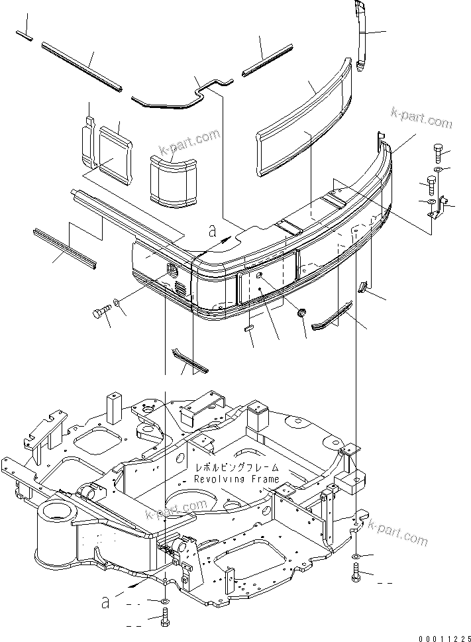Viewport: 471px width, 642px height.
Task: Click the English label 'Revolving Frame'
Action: pyautogui.click(x=237, y=478)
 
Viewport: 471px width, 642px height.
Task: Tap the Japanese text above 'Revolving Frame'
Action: pyautogui.click(x=237, y=468)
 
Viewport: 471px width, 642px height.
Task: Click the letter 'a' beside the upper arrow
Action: pyautogui.click(x=212, y=231)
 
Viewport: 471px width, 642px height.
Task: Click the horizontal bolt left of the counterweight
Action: pyautogui.click(x=101, y=311)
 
